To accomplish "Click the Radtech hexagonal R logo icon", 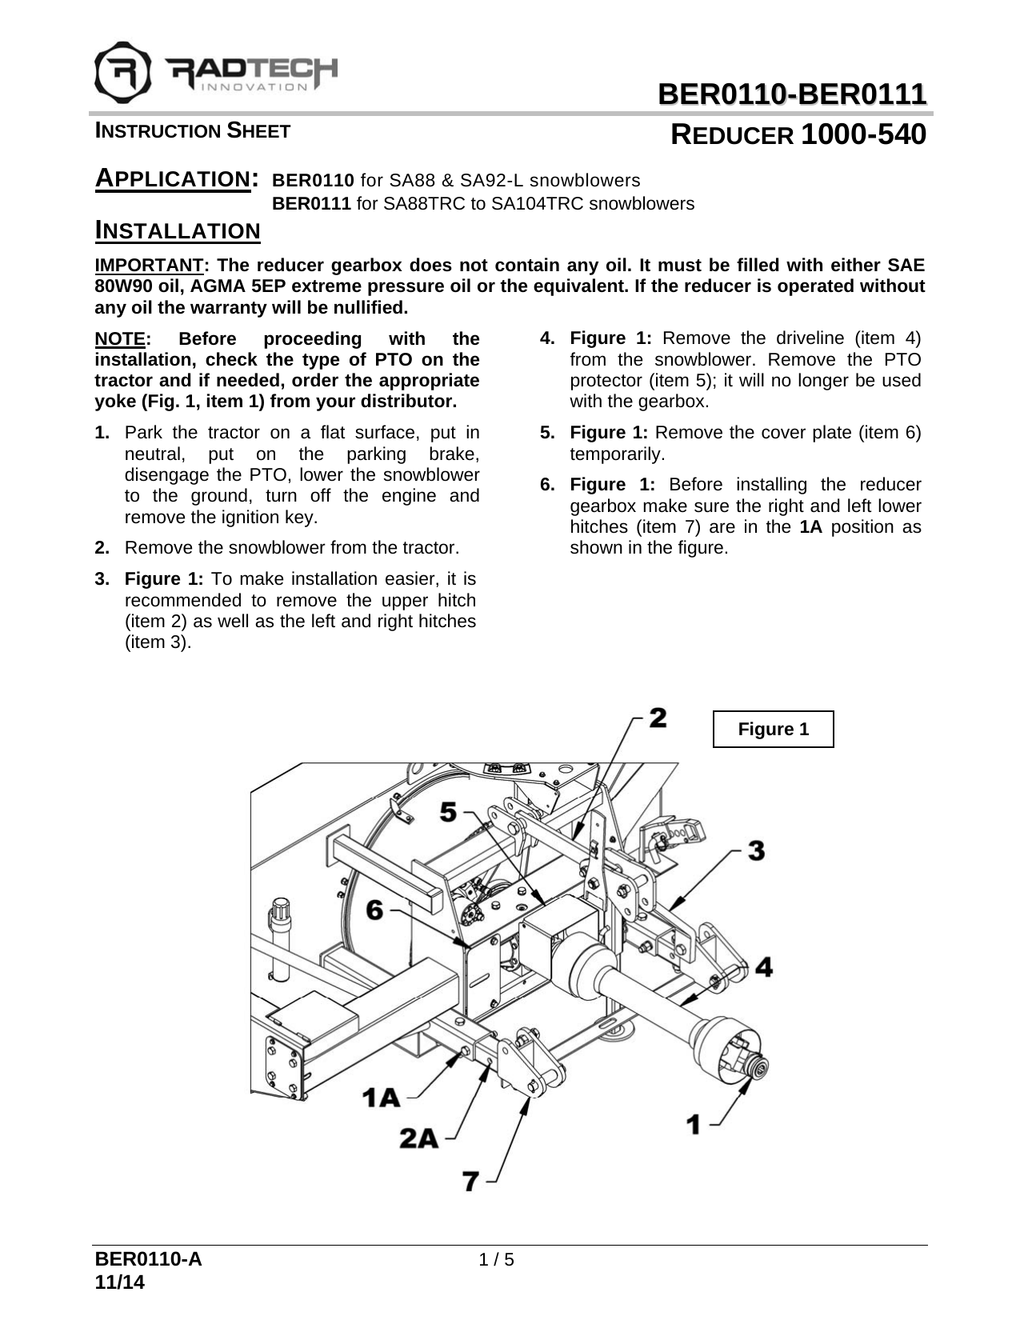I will [123, 69].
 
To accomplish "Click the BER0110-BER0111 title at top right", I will [791, 95].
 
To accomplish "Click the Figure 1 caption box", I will [773, 729].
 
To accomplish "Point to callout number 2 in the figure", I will [658, 717].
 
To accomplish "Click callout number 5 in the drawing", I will [448, 813].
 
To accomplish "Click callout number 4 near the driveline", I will [764, 967].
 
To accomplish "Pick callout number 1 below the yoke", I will [694, 1124].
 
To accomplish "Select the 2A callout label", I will [419, 1138].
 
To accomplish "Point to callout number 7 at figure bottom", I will [471, 1180].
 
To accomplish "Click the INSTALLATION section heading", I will [178, 232].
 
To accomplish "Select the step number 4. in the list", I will [547, 338].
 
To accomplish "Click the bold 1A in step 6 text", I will [812, 527].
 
